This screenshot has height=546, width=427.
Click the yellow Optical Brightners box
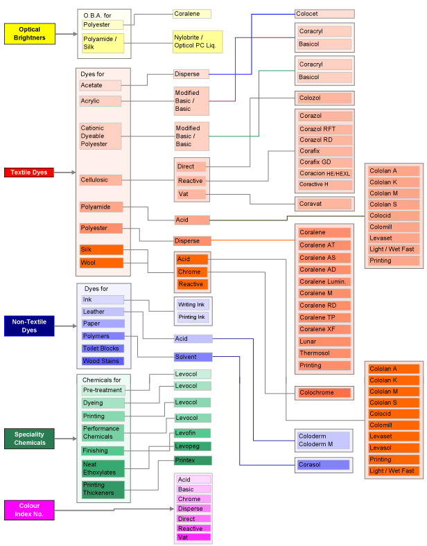[29, 33]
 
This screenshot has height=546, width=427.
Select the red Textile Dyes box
[29, 172]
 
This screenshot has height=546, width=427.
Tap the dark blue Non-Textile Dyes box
[29, 326]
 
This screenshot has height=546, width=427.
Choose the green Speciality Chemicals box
[29, 438]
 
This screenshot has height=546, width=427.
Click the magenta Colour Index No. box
[29, 510]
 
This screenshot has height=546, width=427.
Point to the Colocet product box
[324, 14]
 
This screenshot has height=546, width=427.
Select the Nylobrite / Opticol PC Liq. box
[198, 42]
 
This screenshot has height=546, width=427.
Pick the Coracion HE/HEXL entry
[325, 173]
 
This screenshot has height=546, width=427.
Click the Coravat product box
[324, 204]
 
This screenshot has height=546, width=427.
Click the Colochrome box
[324, 393]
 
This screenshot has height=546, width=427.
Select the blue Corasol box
[324, 465]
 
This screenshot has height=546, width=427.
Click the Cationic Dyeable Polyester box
[101, 136]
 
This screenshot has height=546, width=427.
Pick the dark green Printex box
[193, 460]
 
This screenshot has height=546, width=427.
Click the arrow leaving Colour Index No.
[114, 510]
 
